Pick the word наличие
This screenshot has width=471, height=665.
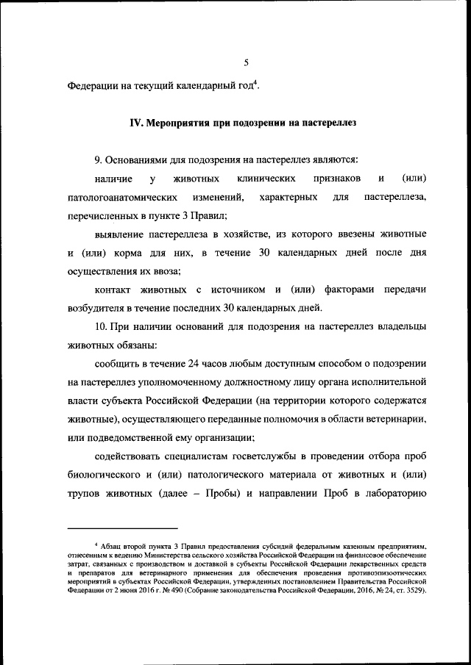click(113, 179)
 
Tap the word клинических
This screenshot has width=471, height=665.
click(267, 179)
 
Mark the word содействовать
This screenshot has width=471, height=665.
click(130, 456)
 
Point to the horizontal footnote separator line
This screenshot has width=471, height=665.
click(122, 528)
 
